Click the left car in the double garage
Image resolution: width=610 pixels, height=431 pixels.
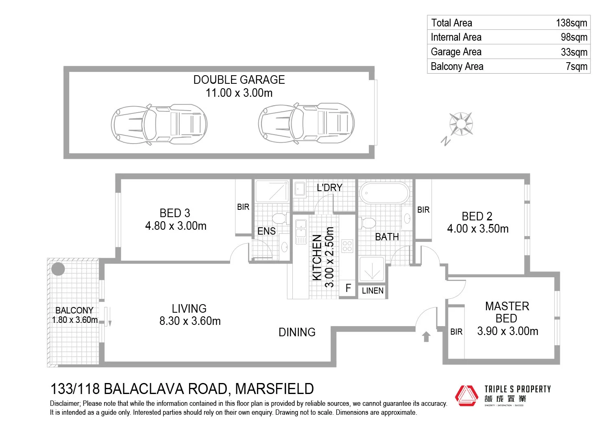pyautogui.click(x=159, y=123)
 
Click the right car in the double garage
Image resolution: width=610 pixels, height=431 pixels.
pyautogui.click(x=306, y=123)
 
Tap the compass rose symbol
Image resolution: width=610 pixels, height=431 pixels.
pyautogui.click(x=461, y=124)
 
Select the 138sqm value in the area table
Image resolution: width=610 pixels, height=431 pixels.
pyautogui.click(x=571, y=23)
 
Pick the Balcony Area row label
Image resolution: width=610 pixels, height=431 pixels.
pyautogui.click(x=457, y=67)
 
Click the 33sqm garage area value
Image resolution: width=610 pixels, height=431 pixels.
pyautogui.click(x=574, y=52)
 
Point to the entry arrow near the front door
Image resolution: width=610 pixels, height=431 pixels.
pyautogui.click(x=426, y=337)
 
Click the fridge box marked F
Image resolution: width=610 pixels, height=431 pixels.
pyautogui.click(x=348, y=288)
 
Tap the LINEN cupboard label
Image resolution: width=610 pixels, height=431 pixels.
pyautogui.click(x=373, y=291)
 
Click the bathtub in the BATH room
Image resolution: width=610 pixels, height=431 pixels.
pyautogui.click(x=384, y=193)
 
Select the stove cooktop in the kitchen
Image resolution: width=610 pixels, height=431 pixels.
pyautogui.click(x=347, y=246)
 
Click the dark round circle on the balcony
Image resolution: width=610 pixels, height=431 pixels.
pyautogui.click(x=58, y=269)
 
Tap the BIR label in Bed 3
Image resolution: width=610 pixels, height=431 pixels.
pyautogui.click(x=243, y=207)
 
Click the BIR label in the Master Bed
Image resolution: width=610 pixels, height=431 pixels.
pyautogui.click(x=456, y=332)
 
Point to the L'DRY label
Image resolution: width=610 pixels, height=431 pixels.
pyautogui.click(x=329, y=187)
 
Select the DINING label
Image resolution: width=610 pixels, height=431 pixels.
pyautogui.click(x=297, y=332)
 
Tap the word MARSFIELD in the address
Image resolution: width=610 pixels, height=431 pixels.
pyautogui.click(x=274, y=389)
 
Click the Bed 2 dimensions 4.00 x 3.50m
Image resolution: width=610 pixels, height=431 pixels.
pyautogui.click(x=477, y=229)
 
